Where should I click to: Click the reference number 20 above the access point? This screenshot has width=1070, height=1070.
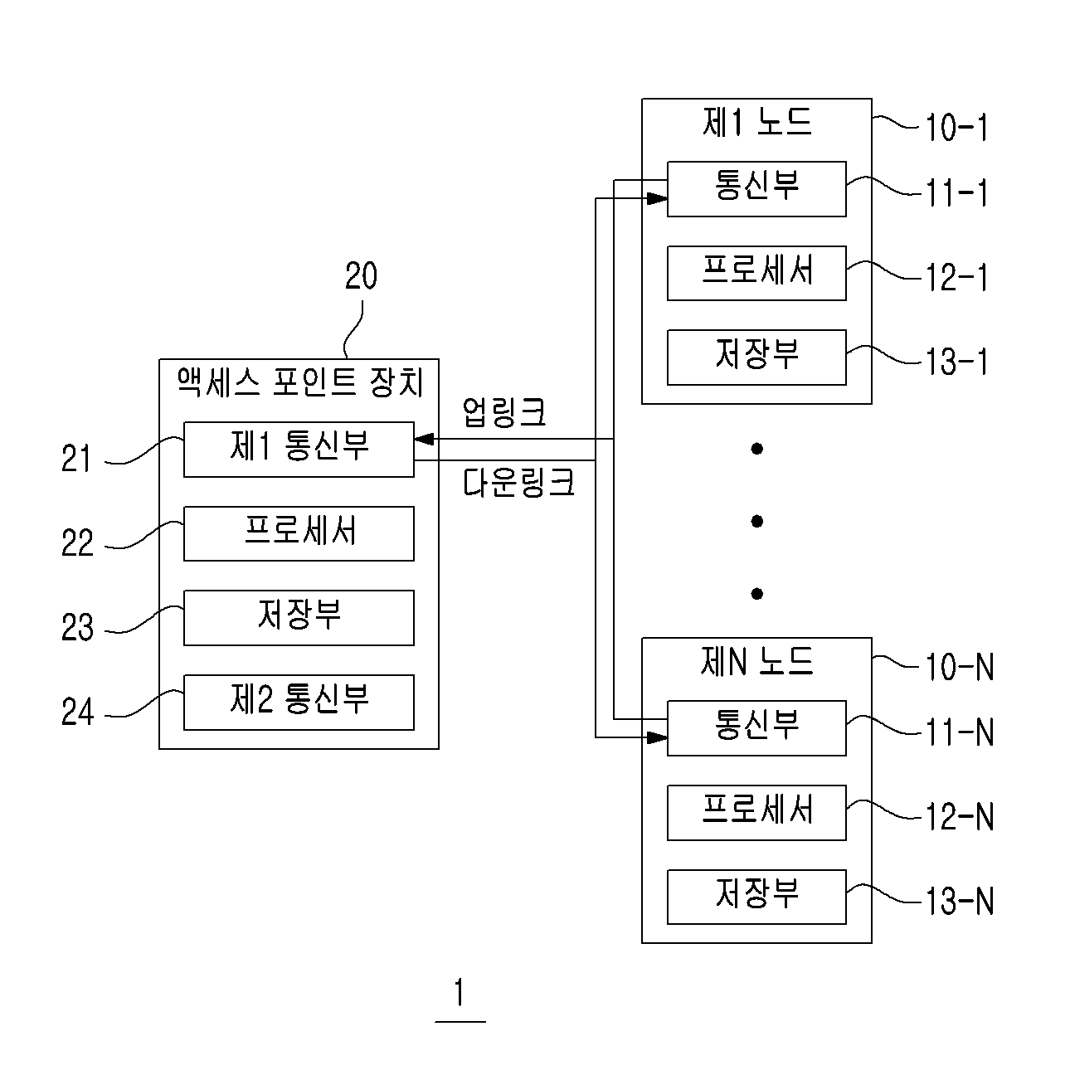pyautogui.click(x=361, y=275)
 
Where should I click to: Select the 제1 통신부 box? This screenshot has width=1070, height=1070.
pyautogui.click(x=299, y=450)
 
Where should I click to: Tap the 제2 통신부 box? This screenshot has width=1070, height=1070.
pyautogui.click(x=299, y=702)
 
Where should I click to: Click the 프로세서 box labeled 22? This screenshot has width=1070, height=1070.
pyautogui.click(x=299, y=533)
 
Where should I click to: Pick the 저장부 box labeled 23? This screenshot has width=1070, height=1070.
pyautogui.click(x=299, y=617)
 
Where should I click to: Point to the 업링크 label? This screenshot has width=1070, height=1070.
pyautogui.click(x=504, y=412)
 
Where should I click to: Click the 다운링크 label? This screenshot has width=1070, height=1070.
pyautogui.click(x=518, y=483)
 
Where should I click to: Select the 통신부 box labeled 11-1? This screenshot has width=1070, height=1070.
pyautogui.click(x=756, y=189)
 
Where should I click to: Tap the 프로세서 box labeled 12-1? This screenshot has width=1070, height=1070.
pyautogui.click(x=756, y=273)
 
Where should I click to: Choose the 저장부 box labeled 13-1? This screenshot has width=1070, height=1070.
pyautogui.click(x=756, y=357)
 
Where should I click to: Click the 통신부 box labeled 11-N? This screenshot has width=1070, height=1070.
pyautogui.click(x=756, y=728)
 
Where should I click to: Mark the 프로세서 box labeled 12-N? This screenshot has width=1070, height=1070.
pyautogui.click(x=756, y=812)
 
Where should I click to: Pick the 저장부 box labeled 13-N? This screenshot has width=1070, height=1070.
pyautogui.click(x=756, y=897)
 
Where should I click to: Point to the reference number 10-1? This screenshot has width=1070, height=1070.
pyautogui.click(x=956, y=128)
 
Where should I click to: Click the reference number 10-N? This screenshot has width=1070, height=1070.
pyautogui.click(x=960, y=666)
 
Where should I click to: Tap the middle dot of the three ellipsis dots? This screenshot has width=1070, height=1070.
pyautogui.click(x=756, y=521)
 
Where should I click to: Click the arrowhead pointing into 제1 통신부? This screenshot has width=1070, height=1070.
pyautogui.click(x=424, y=440)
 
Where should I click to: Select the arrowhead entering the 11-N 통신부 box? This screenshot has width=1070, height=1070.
pyautogui.click(x=658, y=737)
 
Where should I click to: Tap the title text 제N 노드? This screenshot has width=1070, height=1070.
pyautogui.click(x=756, y=662)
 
